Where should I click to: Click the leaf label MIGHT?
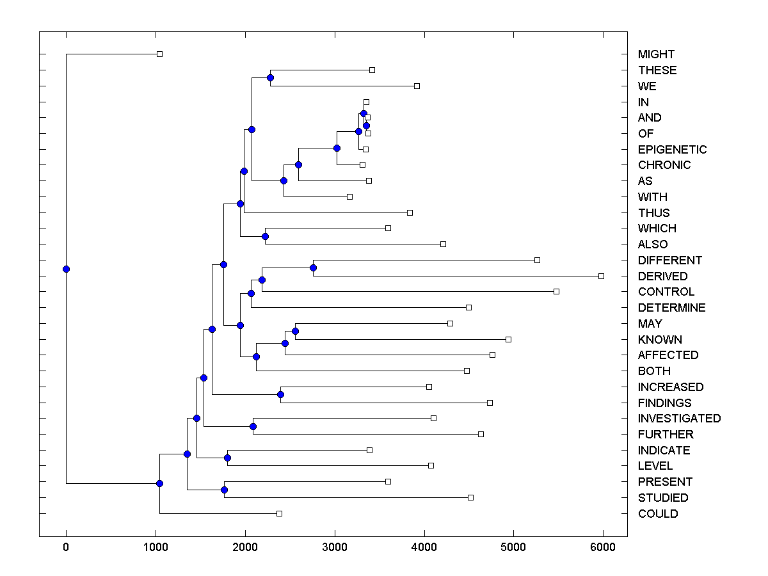pos(656,54)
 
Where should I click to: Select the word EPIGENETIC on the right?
pos(672,149)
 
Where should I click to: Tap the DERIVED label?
pos(662,276)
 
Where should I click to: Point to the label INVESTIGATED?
pos(679,418)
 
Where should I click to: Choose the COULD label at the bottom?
pos(657,513)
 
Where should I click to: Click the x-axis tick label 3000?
pos(334,547)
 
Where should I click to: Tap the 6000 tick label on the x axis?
pos(602,547)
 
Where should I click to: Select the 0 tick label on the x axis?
pos(66,547)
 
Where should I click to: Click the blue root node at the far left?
pos(66,269)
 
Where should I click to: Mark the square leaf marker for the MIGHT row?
pos(159,54)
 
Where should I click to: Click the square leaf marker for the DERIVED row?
pos(601,276)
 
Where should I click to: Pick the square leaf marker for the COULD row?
pos(279,513)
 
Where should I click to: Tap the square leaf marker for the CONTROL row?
pos(556,291)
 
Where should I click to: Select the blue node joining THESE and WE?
pos(270,77)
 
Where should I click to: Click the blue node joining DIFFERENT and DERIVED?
pos(313,268)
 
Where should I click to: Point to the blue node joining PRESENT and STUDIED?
pos(224,490)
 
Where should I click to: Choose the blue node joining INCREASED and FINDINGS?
pos(280,394)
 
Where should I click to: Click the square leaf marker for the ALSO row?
pos(443,244)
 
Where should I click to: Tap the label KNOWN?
pos(660,339)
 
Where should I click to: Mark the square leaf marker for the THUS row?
pos(410,212)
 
